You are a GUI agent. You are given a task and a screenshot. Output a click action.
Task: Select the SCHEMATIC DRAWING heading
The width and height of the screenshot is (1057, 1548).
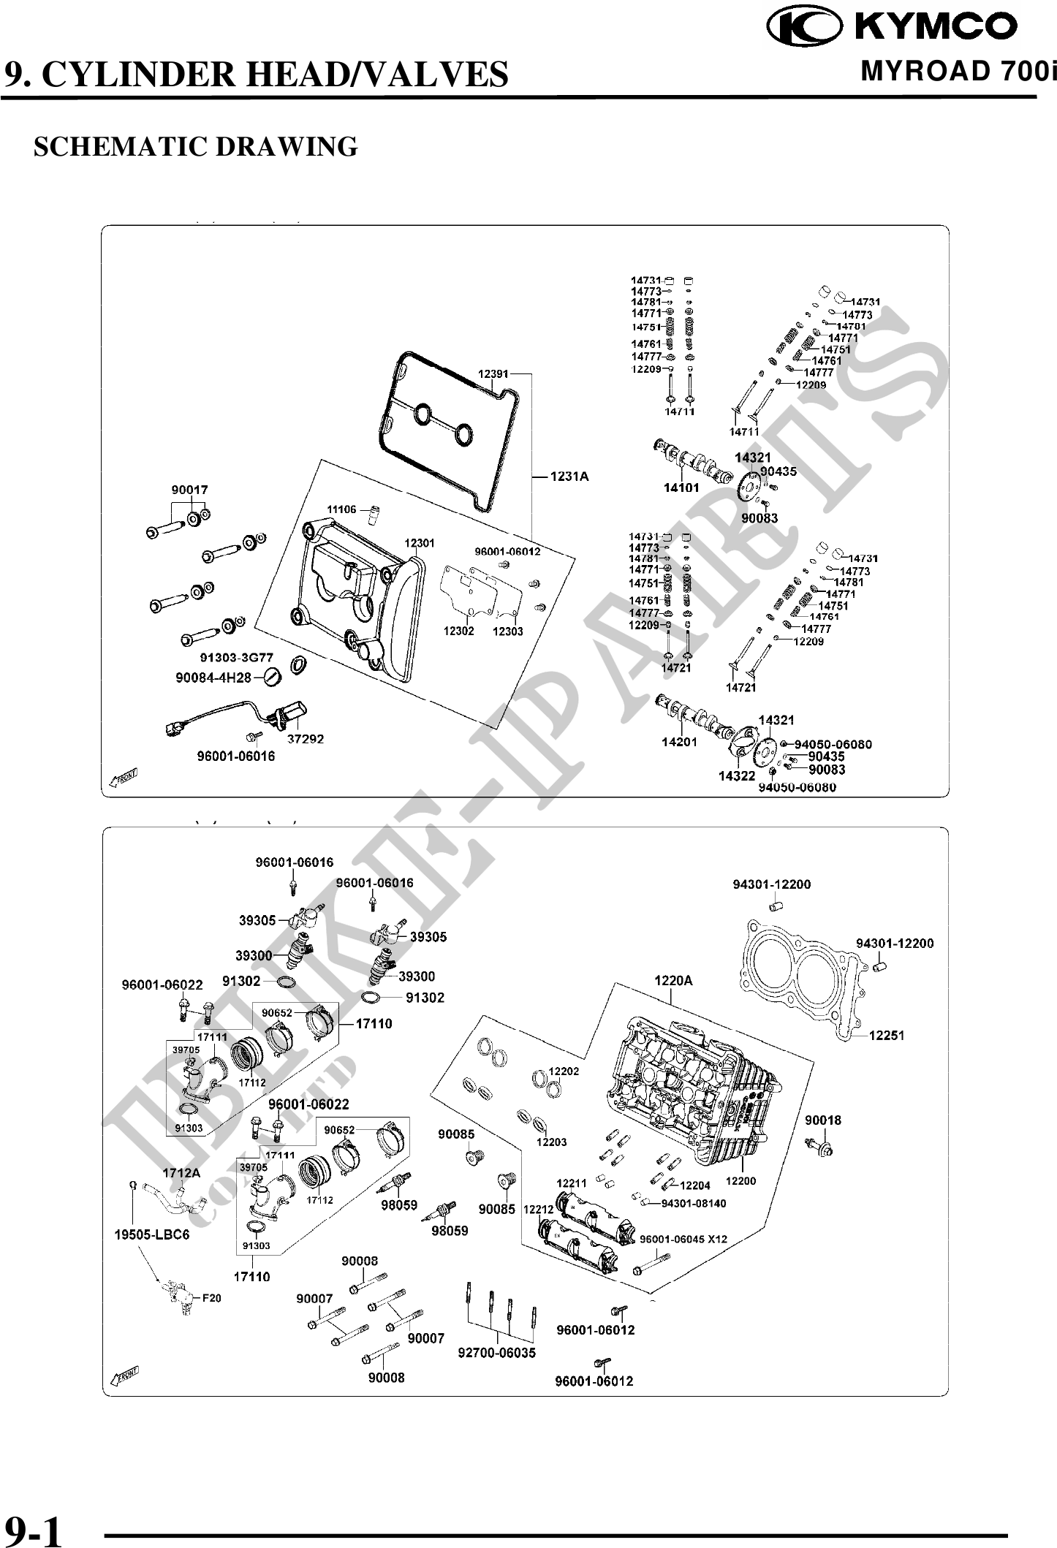click(196, 146)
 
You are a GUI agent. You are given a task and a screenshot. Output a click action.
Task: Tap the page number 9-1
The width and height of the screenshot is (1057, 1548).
click(34, 1528)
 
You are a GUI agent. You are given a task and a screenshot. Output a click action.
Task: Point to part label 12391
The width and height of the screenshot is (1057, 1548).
click(493, 374)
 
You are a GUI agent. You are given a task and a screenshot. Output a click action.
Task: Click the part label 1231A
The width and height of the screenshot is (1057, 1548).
click(569, 477)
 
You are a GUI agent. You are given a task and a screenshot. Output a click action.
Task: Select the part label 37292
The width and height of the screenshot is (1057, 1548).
click(305, 739)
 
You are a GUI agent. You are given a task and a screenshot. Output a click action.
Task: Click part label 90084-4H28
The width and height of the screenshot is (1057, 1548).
click(213, 678)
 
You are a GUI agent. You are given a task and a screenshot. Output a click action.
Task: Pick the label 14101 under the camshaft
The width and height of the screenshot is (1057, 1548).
click(681, 487)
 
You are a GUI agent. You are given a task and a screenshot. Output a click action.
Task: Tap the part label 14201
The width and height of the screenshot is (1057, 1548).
click(679, 742)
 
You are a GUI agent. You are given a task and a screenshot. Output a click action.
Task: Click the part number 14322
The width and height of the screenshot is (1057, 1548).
click(736, 775)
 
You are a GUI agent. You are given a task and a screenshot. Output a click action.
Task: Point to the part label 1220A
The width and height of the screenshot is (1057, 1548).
click(673, 981)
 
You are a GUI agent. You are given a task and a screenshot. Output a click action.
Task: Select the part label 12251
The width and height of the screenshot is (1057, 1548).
click(887, 1035)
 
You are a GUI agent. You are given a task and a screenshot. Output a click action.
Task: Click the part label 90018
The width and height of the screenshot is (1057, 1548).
click(823, 1120)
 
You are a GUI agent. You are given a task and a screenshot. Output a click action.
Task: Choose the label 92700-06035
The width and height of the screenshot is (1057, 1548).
click(497, 1353)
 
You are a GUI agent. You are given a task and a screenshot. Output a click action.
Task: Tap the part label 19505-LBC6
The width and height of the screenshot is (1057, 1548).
click(152, 1234)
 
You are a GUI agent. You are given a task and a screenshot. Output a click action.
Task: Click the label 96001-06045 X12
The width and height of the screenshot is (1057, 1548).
click(683, 1239)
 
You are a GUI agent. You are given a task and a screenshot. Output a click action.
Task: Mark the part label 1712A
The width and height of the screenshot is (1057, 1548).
click(181, 1173)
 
